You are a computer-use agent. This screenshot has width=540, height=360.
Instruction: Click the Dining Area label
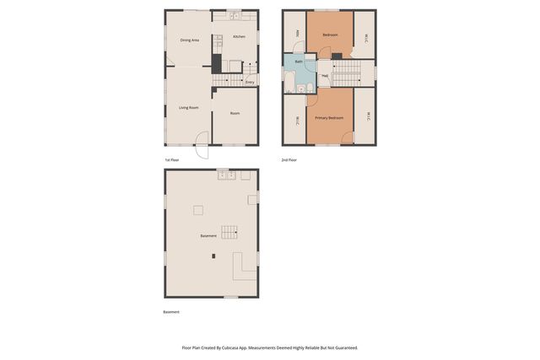(189, 40)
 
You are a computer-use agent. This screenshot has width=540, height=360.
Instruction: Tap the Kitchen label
(239, 37)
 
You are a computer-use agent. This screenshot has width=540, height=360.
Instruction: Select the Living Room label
(188, 107)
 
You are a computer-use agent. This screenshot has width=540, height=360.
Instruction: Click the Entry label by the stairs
(250, 82)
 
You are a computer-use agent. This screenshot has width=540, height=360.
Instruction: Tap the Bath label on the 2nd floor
(299, 62)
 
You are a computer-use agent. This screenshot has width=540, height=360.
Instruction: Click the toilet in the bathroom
(310, 87)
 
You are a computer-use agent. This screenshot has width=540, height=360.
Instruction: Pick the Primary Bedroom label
(329, 118)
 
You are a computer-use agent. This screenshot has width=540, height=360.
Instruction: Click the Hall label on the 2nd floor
(324, 75)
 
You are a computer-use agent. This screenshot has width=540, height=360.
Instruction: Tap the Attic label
(297, 34)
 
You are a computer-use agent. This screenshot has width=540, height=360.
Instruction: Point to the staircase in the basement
(229, 231)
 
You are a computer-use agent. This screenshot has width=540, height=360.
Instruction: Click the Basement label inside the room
(208, 236)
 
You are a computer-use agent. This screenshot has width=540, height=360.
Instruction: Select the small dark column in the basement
(213, 255)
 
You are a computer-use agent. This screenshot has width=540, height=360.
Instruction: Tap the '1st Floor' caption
(172, 159)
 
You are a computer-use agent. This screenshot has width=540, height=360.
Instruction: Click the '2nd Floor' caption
(289, 159)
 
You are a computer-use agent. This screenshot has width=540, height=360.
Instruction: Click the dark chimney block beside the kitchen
(216, 63)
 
